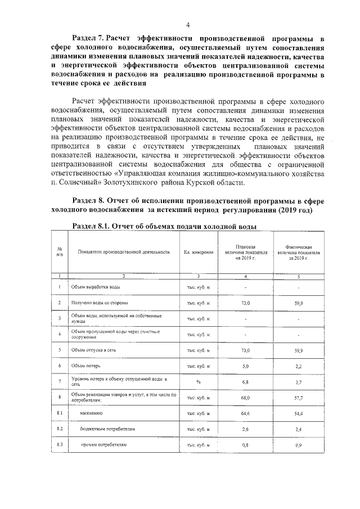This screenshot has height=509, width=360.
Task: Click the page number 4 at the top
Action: point(188,24)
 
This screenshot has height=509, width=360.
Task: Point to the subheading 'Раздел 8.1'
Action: point(94,227)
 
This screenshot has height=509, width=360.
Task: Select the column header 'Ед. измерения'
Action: point(199,252)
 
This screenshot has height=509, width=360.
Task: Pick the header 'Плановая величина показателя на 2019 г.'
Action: point(245,252)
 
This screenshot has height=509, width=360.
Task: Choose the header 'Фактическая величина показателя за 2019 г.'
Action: point(298,252)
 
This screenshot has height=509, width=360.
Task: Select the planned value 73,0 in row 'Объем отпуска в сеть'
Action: point(245,350)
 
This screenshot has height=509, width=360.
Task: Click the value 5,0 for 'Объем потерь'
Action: point(245,366)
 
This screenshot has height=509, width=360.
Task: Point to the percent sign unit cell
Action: point(198,381)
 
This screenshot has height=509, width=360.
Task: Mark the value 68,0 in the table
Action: point(245,397)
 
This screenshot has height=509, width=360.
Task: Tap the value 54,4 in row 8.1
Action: point(298,413)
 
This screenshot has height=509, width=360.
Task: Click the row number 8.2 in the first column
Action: point(60,429)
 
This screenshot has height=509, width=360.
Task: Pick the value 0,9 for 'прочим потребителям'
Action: point(298,445)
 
